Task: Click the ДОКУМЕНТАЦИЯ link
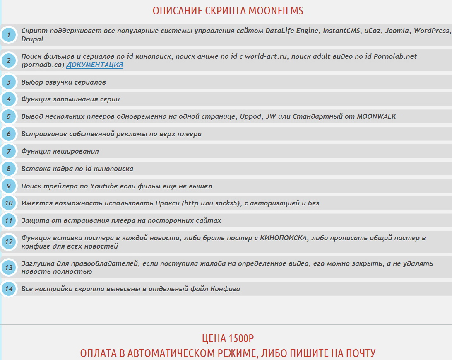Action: tap(94, 65)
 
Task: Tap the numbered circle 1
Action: tap(8, 35)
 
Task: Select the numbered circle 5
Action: tap(8, 116)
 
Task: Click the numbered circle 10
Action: tap(8, 203)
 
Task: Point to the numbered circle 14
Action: tap(8, 289)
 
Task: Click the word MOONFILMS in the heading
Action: tap(276, 11)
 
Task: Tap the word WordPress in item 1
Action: tap(431, 31)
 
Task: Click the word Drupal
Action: tap(32, 39)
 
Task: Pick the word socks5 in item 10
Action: tap(227, 203)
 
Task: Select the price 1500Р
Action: tap(239, 339)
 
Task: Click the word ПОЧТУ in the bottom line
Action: tap(358, 353)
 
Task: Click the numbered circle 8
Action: tap(8, 169)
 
